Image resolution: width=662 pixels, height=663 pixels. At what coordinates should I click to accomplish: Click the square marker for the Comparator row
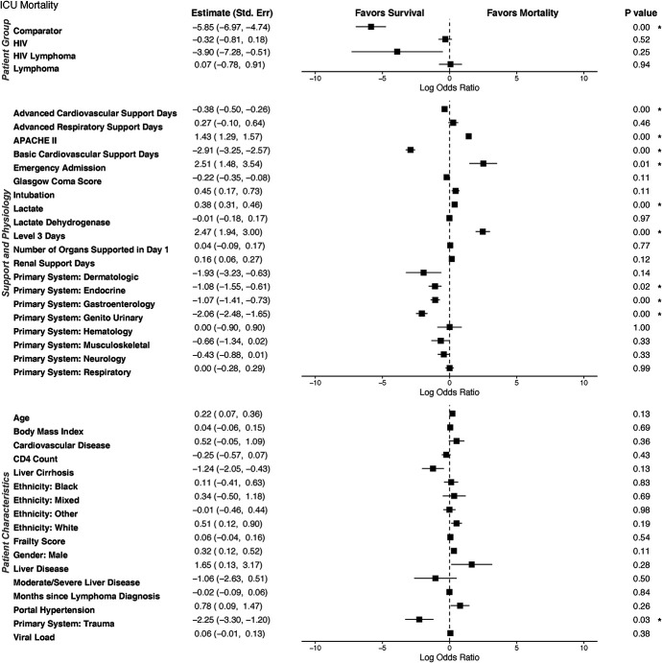[371, 27]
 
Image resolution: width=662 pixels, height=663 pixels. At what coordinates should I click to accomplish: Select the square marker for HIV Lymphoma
[397, 52]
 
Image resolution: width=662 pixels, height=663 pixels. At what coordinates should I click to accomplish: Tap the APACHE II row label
[35, 140]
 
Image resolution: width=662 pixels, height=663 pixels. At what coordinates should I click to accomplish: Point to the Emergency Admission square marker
[484, 163]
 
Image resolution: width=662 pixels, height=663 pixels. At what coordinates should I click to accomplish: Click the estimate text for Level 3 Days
[228, 232]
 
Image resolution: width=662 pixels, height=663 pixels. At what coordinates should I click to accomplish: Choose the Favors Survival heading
[390, 13]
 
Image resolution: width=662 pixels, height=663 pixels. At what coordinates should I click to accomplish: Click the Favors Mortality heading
[523, 13]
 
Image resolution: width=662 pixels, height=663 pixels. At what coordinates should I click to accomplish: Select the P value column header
[641, 13]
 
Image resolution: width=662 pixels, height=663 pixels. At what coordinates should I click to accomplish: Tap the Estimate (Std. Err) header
[232, 13]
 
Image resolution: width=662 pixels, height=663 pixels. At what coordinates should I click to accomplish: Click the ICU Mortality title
[29, 6]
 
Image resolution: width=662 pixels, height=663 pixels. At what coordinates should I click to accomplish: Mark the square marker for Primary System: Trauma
[419, 619]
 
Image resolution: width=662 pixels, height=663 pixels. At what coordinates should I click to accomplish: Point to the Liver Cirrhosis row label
[43, 473]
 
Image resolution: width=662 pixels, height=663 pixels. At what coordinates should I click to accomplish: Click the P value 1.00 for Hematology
[641, 328]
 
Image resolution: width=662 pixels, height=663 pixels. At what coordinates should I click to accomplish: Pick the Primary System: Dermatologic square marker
[423, 272]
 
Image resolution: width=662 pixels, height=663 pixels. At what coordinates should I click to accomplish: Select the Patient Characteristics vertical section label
[6, 523]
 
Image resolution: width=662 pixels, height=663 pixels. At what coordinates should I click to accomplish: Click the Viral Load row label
[34, 637]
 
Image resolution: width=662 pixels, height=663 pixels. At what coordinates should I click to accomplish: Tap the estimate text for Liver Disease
[228, 565]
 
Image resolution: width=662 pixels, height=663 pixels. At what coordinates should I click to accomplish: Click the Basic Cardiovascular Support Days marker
[410, 150]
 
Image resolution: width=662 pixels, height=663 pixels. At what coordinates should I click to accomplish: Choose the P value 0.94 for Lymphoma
[641, 64]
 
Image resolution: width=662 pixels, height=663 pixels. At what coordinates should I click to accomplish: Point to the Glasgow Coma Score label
[58, 181]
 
